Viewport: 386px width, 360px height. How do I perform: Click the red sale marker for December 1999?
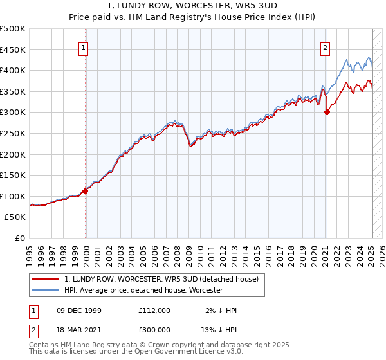tap(86, 191)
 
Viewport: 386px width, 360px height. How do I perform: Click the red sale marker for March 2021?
tap(327, 112)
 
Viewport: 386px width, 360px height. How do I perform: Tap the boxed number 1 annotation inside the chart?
tap(84, 47)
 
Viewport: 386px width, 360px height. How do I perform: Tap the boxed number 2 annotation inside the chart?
tap(326, 47)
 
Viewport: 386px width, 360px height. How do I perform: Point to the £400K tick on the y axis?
tap(13, 71)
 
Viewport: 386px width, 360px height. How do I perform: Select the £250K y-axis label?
tap(13, 133)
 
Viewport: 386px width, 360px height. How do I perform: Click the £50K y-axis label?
tap(15, 217)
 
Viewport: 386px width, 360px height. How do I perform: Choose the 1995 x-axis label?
tap(30, 252)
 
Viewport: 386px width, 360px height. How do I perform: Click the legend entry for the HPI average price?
tap(143, 291)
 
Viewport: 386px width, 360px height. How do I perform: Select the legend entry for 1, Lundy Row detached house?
tap(161, 279)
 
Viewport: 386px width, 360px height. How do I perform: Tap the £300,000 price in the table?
tap(154, 328)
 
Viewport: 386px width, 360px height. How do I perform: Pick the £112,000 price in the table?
tap(154, 310)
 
